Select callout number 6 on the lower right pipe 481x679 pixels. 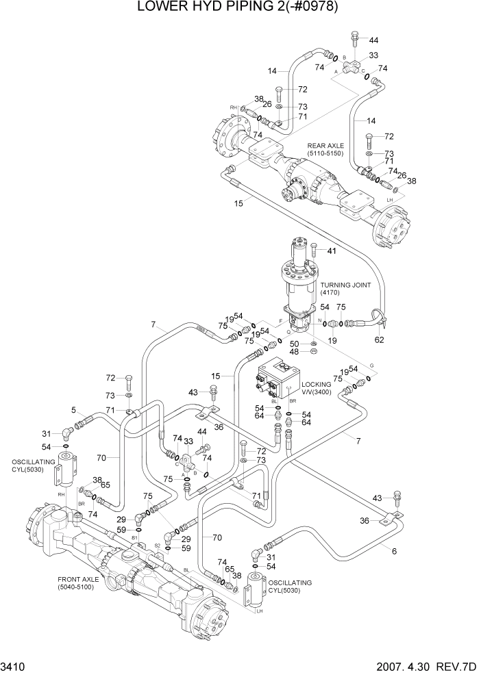tap(393, 551)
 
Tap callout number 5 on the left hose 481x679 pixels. tap(73, 411)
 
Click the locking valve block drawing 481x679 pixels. tap(277, 381)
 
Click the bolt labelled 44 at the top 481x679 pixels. tap(354, 40)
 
